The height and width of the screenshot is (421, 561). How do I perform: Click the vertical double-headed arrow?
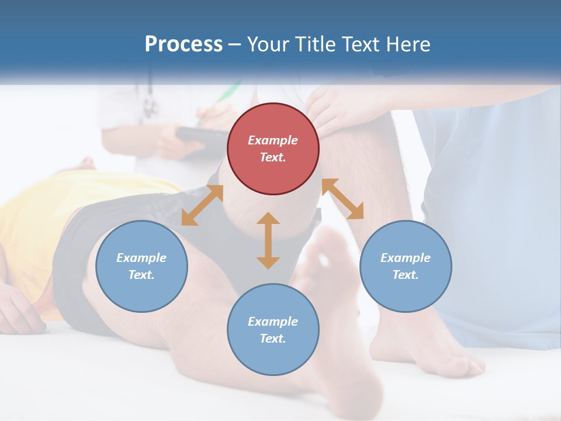pos(268,240)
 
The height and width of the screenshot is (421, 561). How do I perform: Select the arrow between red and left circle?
pos(202,205)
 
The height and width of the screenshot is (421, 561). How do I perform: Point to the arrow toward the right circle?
pos(343,199)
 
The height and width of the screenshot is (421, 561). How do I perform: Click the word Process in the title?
pos(183,44)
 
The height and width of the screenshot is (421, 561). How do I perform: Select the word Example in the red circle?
pos(273,140)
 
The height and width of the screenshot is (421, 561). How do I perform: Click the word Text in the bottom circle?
pos(273,339)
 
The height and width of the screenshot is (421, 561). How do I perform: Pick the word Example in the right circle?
pos(406,258)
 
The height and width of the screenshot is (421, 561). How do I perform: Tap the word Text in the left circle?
pos(141,275)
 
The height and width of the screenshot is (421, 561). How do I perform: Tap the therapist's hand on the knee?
pos(333,108)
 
